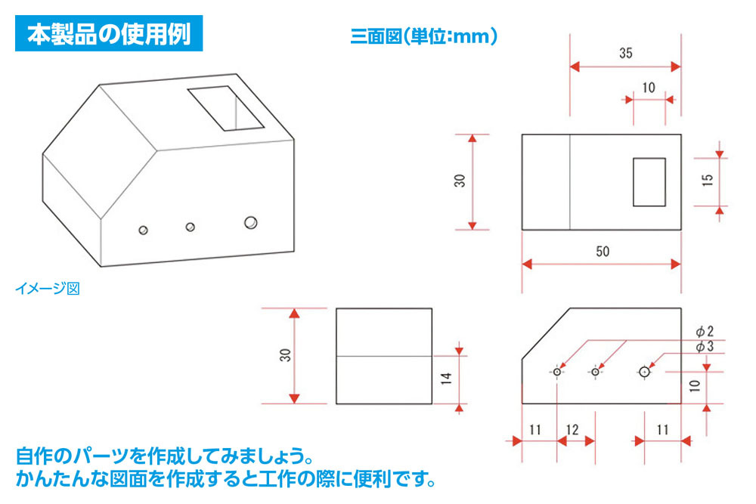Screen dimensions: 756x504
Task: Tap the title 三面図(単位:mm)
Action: [x=423, y=36]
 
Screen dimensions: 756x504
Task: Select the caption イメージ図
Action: [x=47, y=288]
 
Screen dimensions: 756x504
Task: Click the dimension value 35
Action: [x=624, y=54]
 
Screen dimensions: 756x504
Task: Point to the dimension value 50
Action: [x=602, y=252]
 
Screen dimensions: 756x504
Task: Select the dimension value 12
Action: [x=572, y=430]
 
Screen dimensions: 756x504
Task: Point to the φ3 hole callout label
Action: [x=704, y=346]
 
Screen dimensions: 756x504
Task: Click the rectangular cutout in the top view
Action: [x=649, y=181]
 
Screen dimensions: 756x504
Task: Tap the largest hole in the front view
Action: [x=643, y=371]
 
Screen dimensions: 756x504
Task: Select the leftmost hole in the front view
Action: [x=557, y=372]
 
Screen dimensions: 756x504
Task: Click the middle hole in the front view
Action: [x=596, y=372]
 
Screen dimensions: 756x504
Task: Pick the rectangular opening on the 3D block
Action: [x=225, y=108]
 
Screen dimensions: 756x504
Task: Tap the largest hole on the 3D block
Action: [x=250, y=222]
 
